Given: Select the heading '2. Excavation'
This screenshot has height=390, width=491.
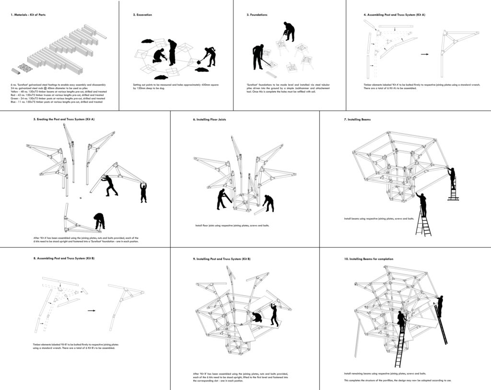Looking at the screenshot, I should (142, 15).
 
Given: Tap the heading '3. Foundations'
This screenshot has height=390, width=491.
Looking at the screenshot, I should (257, 15).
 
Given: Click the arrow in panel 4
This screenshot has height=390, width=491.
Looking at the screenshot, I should (425, 54).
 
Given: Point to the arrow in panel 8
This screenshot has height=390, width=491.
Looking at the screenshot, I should (91, 310).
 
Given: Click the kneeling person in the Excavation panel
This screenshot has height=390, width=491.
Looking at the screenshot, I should (159, 56).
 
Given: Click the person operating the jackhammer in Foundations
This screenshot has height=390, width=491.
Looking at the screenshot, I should (289, 31).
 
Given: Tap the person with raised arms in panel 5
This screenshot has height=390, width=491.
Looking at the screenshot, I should (143, 191).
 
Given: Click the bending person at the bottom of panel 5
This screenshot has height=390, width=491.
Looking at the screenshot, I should (100, 220).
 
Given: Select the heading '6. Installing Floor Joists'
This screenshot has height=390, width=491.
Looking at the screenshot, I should (212, 119).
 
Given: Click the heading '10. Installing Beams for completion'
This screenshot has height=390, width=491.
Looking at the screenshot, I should (368, 259).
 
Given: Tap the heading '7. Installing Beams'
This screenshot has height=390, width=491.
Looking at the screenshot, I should (357, 119).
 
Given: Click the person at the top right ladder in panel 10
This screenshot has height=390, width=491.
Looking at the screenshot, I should (439, 306).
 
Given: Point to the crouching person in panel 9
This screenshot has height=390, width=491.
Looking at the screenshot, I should (257, 317).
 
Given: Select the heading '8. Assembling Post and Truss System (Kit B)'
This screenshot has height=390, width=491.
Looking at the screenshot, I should (63, 258).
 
